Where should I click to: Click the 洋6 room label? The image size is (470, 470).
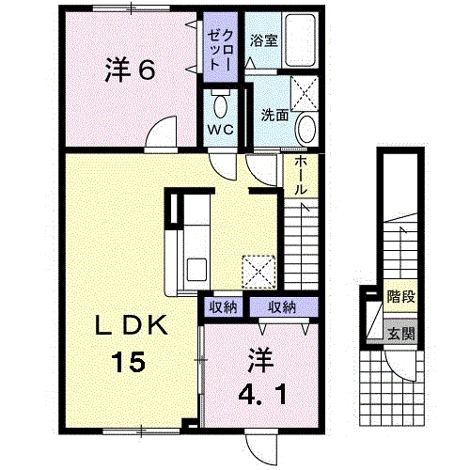pyautogui.click(x=130, y=71)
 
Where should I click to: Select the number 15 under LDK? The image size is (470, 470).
pyautogui.click(x=132, y=360)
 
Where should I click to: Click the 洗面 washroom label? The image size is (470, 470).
pyautogui.click(x=274, y=115)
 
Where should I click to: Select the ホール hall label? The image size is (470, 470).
pyautogui.click(x=299, y=175)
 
